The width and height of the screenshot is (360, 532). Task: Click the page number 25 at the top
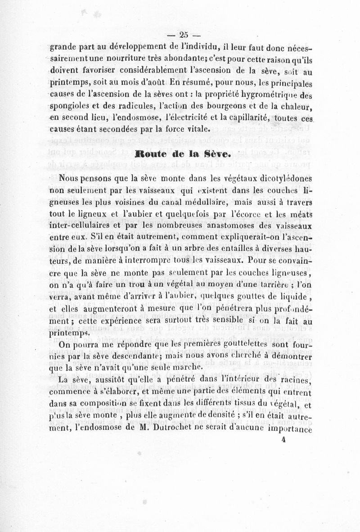click(184, 36)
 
